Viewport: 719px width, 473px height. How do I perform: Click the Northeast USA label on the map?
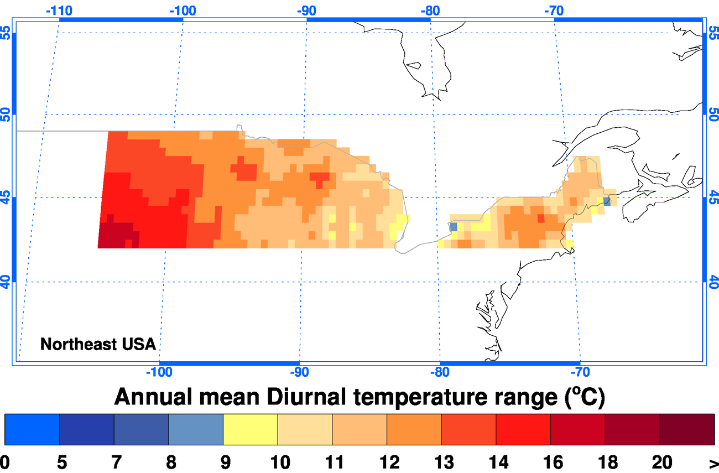coord(98,344)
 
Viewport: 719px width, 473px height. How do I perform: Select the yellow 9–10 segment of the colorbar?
coord(251,429)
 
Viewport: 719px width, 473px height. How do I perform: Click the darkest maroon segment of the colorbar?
coord(687,429)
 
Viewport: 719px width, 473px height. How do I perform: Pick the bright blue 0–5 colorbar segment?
coord(32,429)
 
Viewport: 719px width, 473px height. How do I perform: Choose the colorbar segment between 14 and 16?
coord(523,429)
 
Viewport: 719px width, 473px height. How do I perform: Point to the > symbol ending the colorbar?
coord(713,461)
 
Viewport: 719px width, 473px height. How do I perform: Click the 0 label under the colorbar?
coord(4,461)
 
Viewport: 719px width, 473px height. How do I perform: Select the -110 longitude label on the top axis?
coord(60,11)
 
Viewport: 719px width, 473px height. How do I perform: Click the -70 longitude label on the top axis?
coord(554,11)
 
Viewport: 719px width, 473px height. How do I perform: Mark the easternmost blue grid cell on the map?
coord(607,201)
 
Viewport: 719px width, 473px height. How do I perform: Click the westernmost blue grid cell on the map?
coord(454,227)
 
